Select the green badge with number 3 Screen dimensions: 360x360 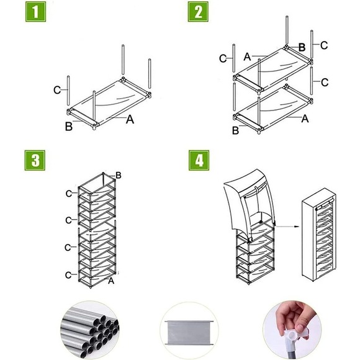35,161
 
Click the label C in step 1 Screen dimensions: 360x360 56,90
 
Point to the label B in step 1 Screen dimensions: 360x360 68,127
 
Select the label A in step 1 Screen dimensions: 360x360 130,120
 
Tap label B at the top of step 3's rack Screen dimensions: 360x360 118,178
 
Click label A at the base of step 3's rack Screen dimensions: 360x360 110,281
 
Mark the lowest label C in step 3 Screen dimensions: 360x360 68,274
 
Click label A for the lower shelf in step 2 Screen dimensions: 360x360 305,117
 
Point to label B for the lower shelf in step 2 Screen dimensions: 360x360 235,130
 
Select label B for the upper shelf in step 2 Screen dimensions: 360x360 302,47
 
